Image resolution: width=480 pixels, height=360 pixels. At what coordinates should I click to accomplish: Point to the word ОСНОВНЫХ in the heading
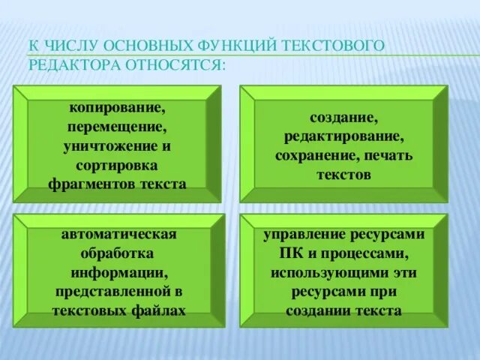click(x=150, y=46)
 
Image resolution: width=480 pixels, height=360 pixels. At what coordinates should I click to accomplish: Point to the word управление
click(x=306, y=234)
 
